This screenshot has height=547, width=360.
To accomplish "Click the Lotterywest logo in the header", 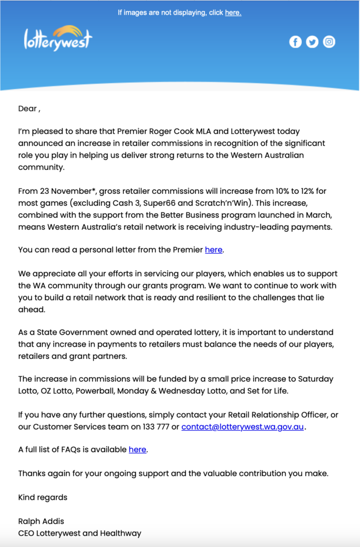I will [x=58, y=38].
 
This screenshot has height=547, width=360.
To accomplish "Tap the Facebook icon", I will [x=295, y=42].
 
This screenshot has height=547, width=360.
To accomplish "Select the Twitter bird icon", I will [x=312, y=42].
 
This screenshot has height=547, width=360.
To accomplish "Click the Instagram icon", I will [x=330, y=42].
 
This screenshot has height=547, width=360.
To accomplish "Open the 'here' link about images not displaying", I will [x=233, y=13].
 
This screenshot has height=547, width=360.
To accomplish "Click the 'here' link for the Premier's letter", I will [x=214, y=249].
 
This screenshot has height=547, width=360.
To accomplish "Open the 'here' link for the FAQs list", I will [x=137, y=450].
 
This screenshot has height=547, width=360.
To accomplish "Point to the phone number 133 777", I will [x=158, y=427].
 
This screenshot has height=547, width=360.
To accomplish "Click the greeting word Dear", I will [x=27, y=108].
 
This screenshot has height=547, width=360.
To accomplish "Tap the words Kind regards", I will [x=43, y=497].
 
